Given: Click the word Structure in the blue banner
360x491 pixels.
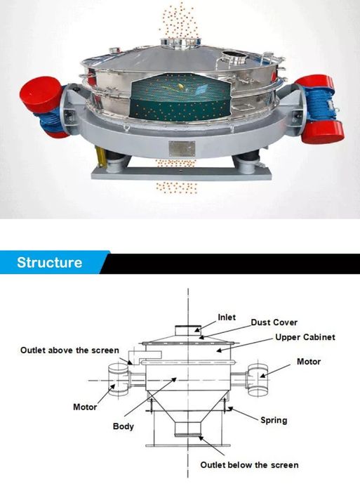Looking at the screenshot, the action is pos(49,263).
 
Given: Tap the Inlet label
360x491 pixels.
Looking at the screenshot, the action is pos(227,317).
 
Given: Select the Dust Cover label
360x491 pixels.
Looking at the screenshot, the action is pos(274,322).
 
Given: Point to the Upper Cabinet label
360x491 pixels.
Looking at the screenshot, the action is pos(305,337).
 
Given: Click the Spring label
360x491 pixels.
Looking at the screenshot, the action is pos(274,420).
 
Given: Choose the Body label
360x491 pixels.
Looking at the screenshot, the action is pos(124,426).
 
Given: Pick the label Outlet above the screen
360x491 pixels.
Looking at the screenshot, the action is pos(69,350).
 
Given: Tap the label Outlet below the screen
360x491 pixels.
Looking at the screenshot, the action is pos(249,465).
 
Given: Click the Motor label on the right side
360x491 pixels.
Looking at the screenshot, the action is pos(309,362).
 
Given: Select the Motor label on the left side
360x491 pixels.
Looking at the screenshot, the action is pos(85,407).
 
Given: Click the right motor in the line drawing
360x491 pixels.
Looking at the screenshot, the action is pos(258,380).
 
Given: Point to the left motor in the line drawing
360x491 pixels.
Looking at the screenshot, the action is pos(118,380).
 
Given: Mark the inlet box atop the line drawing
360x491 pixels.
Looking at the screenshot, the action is pos(187,330).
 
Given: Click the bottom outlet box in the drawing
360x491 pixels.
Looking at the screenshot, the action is pos(187,428).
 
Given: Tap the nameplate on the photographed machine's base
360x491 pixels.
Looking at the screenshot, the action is pos(182,148).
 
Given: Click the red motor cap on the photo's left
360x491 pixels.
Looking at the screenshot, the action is pos(40,93).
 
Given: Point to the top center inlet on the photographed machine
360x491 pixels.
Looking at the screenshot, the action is pos(181,42).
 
